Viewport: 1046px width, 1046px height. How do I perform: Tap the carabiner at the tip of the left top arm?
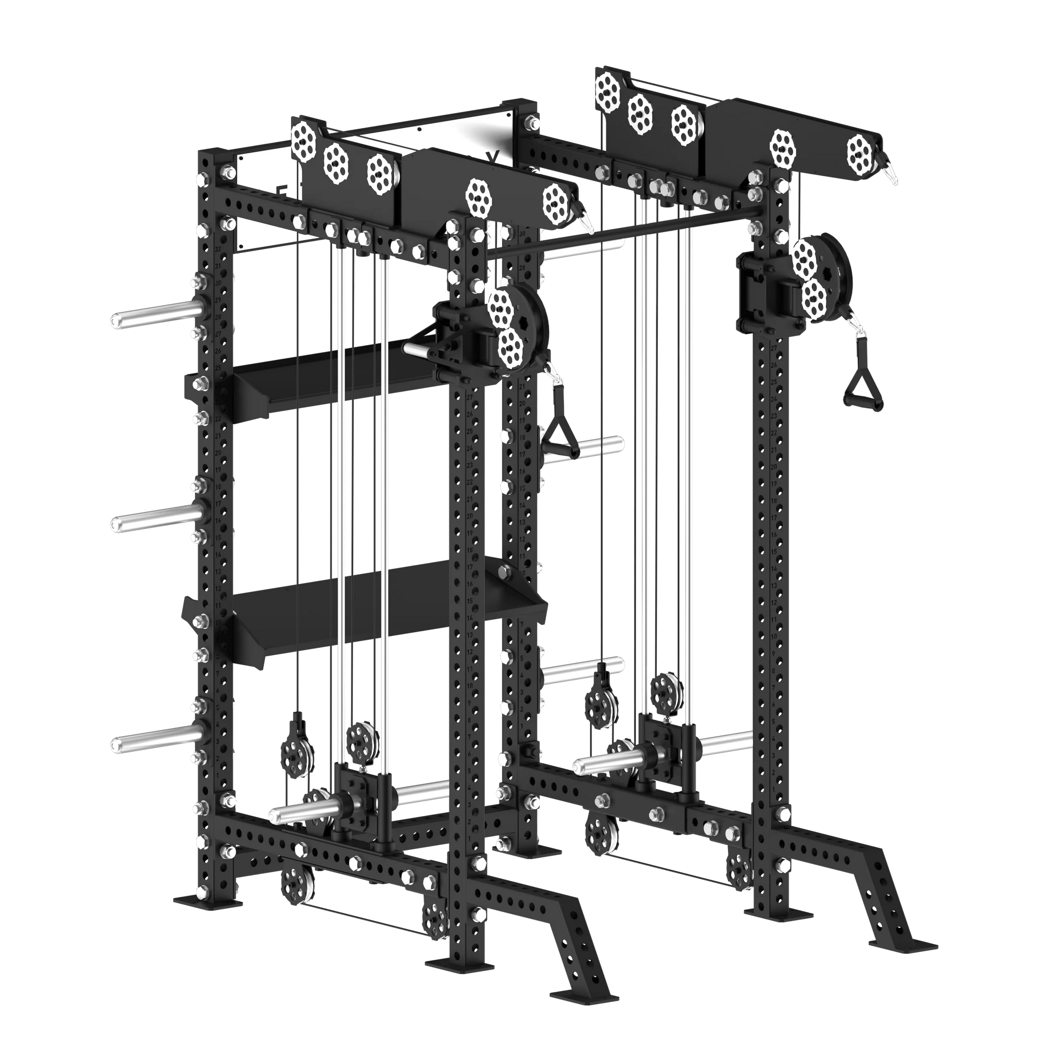pyautogui.click(x=585, y=220)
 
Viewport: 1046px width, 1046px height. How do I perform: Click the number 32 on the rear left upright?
pyautogui.click(x=218, y=249)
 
